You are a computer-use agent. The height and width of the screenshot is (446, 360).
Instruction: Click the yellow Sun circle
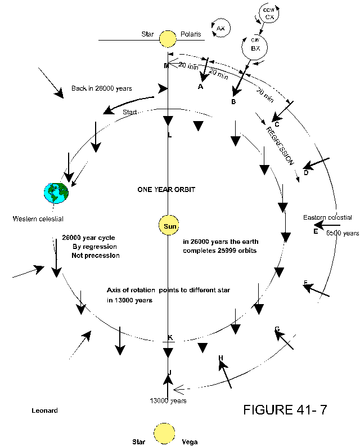tap(169, 226)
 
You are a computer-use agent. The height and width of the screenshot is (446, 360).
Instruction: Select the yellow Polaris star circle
tap(167, 39)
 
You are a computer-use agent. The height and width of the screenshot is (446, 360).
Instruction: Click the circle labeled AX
tap(220, 28)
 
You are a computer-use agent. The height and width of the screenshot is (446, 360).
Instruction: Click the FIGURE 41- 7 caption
tap(285, 409)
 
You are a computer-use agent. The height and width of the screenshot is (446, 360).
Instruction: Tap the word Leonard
tap(44, 411)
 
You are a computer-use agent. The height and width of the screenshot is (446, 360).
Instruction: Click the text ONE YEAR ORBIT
tap(166, 189)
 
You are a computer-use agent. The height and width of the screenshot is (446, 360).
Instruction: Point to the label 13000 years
tap(168, 400)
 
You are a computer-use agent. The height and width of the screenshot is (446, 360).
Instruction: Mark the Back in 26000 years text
tap(102, 88)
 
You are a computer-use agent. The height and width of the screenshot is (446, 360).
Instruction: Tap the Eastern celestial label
tap(327, 217)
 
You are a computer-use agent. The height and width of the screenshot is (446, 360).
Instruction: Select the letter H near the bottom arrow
tap(220, 358)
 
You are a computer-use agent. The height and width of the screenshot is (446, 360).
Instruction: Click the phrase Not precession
tap(96, 255)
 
